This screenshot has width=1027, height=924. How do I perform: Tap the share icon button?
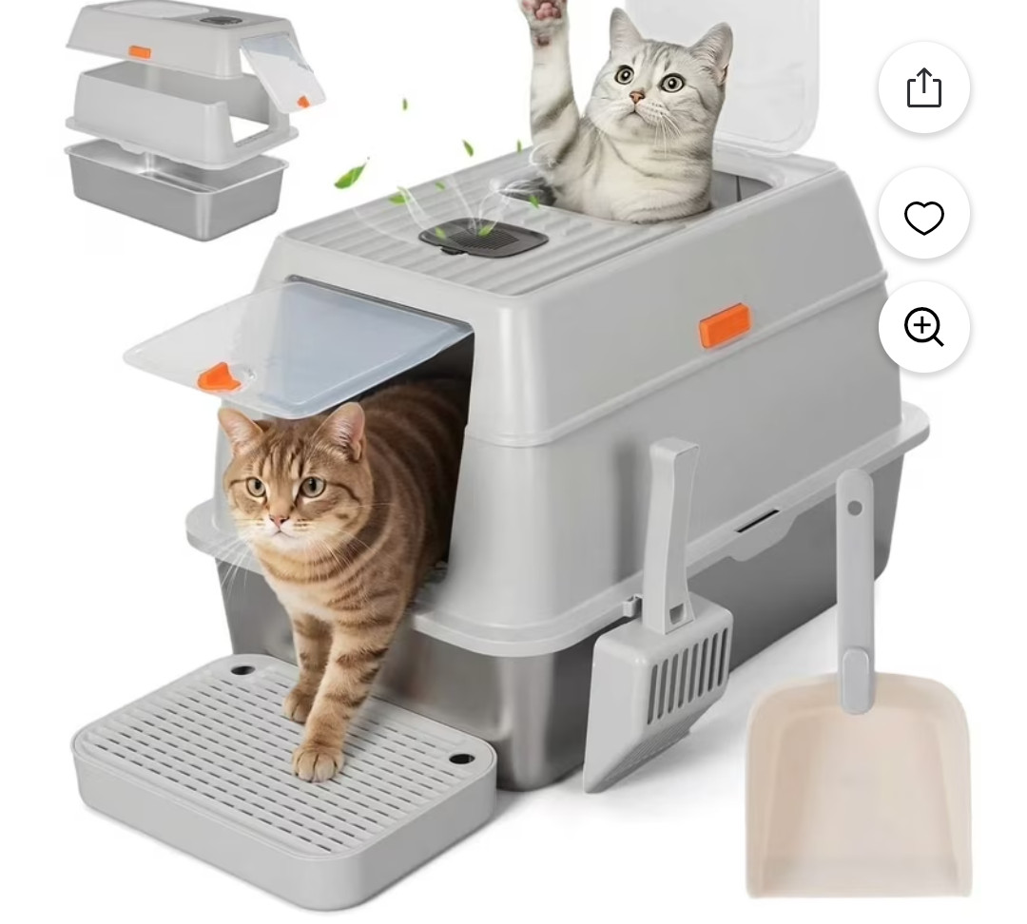point(923,88)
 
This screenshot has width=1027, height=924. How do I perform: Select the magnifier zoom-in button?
point(923,327)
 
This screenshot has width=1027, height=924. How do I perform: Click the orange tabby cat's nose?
point(279,521)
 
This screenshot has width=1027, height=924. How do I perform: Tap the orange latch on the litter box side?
point(725,325)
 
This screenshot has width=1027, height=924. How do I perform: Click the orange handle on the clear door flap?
point(219,377)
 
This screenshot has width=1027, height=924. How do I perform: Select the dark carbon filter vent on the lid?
point(483,236)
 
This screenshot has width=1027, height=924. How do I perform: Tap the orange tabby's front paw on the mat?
point(317,760)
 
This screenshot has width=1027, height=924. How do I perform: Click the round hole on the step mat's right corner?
point(461,760)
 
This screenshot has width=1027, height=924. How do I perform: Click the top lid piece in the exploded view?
point(162,38)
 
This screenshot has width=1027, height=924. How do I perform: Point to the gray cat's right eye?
point(625,74)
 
